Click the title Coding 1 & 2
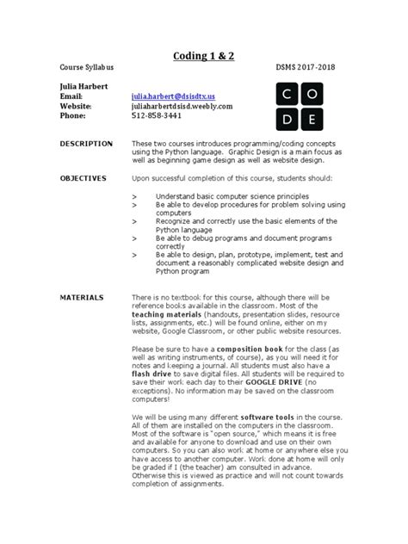(204, 56)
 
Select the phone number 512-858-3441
(157, 115)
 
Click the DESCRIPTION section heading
(86, 144)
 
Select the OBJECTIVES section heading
(83, 178)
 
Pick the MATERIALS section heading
(81, 297)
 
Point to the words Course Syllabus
(92, 67)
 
